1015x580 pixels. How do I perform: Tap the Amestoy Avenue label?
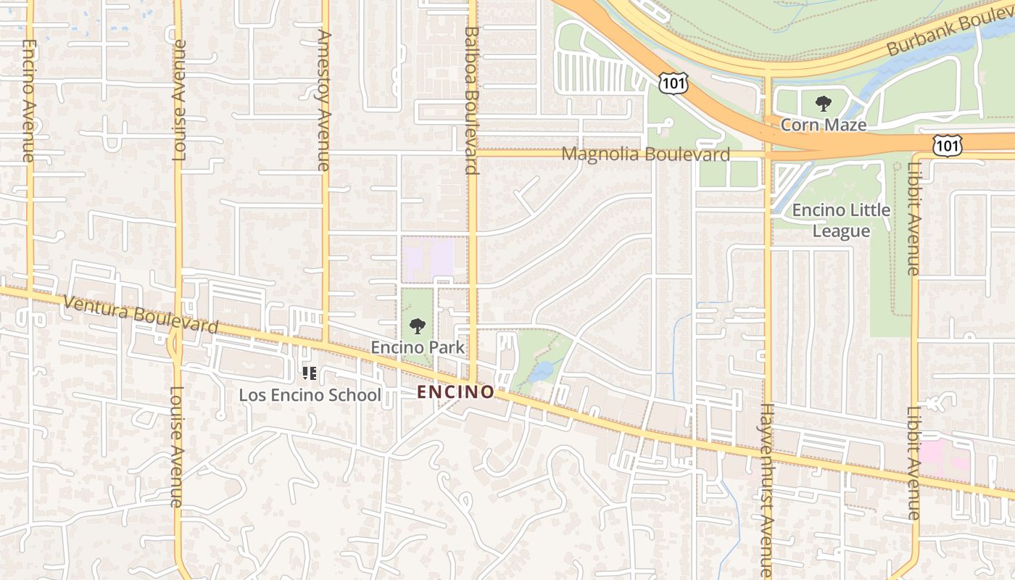click(324, 100)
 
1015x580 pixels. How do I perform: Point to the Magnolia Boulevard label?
click(645, 154)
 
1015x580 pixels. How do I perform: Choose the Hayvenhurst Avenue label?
click(767, 489)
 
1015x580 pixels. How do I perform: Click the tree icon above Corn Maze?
click(823, 104)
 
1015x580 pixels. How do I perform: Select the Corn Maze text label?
click(823, 125)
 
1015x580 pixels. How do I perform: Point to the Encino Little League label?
click(841, 220)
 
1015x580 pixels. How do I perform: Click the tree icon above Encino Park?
click(418, 326)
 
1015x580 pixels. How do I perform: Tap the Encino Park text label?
click(418, 347)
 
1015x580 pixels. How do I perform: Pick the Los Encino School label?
click(310, 395)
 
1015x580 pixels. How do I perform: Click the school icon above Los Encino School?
click(310, 373)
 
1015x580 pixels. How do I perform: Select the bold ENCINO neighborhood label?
click(456, 392)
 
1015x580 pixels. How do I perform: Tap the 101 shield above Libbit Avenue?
click(947, 145)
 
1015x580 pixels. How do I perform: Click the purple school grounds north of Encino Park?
click(429, 260)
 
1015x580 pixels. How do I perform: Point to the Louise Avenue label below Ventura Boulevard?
click(177, 446)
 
